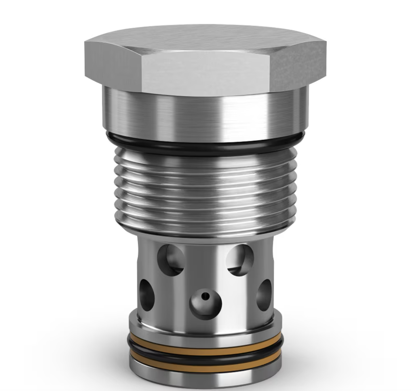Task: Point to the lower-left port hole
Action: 147,295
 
